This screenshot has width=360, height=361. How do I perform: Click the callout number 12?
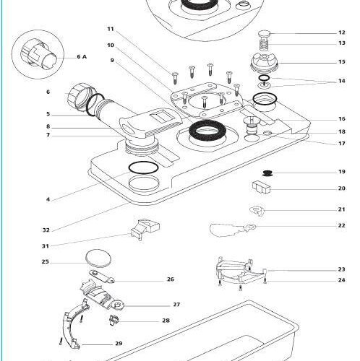click(x=342, y=32)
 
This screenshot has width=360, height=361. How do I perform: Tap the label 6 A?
click(x=82, y=57)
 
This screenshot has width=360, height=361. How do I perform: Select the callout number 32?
click(x=46, y=230)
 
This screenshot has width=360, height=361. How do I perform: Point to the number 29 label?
click(x=119, y=344)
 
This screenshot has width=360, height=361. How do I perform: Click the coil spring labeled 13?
click(x=265, y=44)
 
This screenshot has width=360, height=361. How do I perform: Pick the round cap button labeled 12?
click(x=265, y=34)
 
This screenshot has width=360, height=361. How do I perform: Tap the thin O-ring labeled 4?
click(x=144, y=168)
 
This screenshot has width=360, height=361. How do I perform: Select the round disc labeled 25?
click(x=98, y=258)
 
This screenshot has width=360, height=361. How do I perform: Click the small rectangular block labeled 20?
click(x=261, y=187)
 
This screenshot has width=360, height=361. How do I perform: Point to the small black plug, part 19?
click(x=267, y=173)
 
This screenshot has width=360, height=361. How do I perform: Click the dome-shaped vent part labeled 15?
click(x=265, y=63)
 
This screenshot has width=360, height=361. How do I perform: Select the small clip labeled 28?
click(x=114, y=321)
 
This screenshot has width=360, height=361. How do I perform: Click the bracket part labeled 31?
click(x=145, y=229)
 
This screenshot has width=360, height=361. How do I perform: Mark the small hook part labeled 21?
click(x=257, y=210)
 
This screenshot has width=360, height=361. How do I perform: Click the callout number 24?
click(x=341, y=280)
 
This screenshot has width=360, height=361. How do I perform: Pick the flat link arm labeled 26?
click(x=102, y=277)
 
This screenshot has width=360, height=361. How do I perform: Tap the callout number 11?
click(x=111, y=29)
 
